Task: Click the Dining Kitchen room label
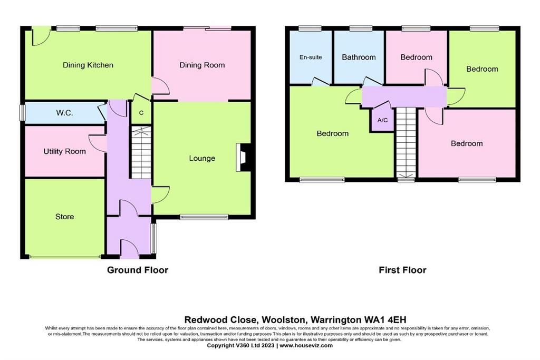pyautogui.click(x=88, y=65)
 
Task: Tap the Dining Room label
pyautogui.click(x=202, y=65)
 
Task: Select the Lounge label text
pyautogui.click(x=202, y=158)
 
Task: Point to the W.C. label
pyautogui.click(x=64, y=113)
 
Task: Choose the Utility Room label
pyautogui.click(x=64, y=151)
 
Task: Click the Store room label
pyautogui.click(x=64, y=217)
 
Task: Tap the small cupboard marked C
pyautogui.click(x=141, y=113)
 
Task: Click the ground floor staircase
pyautogui.click(x=141, y=153)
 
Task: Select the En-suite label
pyautogui.click(x=311, y=57)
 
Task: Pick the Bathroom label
pyautogui.click(x=359, y=57)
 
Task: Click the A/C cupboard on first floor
pyautogui.click(x=382, y=120)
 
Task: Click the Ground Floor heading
pyautogui.click(x=138, y=270)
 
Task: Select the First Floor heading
pyautogui.click(x=402, y=270)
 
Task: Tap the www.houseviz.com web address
pyautogui.click(x=306, y=346)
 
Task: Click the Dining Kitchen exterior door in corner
pyautogui.click(x=40, y=36)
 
